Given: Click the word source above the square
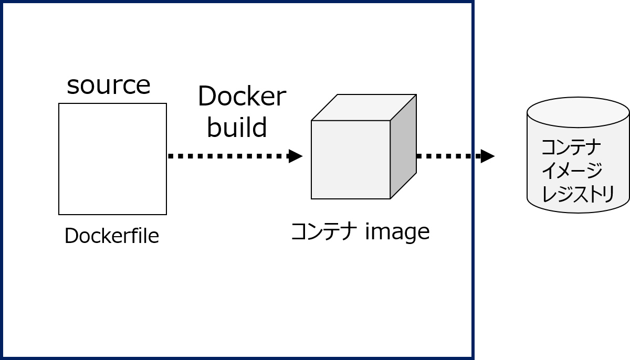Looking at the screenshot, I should [109, 85].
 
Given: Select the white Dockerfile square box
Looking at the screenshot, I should [112, 159].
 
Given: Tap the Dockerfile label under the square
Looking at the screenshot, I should [111, 236].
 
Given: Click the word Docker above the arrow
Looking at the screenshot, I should [241, 97].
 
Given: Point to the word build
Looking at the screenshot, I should [237, 128].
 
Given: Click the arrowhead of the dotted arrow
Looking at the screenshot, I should [296, 156].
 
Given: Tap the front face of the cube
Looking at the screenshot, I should [350, 160].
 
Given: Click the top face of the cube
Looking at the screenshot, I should [363, 108].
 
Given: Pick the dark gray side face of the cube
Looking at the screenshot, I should [403, 147].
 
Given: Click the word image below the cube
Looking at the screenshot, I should [397, 231].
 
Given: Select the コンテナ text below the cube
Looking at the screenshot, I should [324, 231].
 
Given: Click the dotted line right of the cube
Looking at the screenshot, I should [444, 156].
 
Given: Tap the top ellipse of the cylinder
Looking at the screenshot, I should [578, 112].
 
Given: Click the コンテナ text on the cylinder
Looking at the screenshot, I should [571, 147].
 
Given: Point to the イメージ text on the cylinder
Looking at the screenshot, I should [571, 170].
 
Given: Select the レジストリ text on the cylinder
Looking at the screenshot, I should [577, 194].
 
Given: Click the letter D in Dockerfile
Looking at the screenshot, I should [70, 236].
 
